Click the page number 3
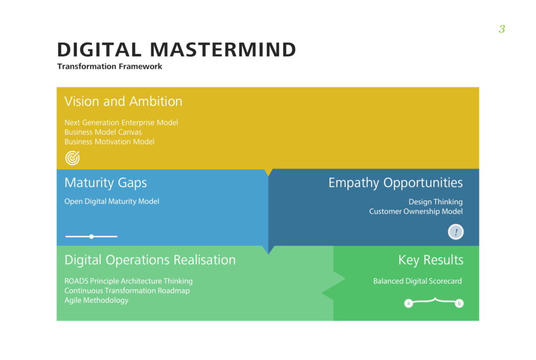[x=501, y=29]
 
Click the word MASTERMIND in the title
[x=223, y=50]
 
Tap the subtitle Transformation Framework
[x=110, y=66]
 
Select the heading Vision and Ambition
[x=123, y=102]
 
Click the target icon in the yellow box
[x=73, y=157]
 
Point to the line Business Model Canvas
[x=103, y=132]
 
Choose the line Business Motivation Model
[x=109, y=142]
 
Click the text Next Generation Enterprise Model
[x=121, y=122]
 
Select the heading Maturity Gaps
[x=105, y=183]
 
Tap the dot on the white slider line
[x=92, y=237]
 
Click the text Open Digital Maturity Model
[x=111, y=201]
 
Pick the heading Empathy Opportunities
[x=395, y=183]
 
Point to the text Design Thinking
[x=435, y=202]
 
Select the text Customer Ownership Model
[x=416, y=211]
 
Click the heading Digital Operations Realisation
[x=150, y=260]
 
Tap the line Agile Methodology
[x=96, y=300]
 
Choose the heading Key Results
[x=430, y=260]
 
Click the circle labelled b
[x=459, y=303]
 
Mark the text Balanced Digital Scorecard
[x=417, y=281]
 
